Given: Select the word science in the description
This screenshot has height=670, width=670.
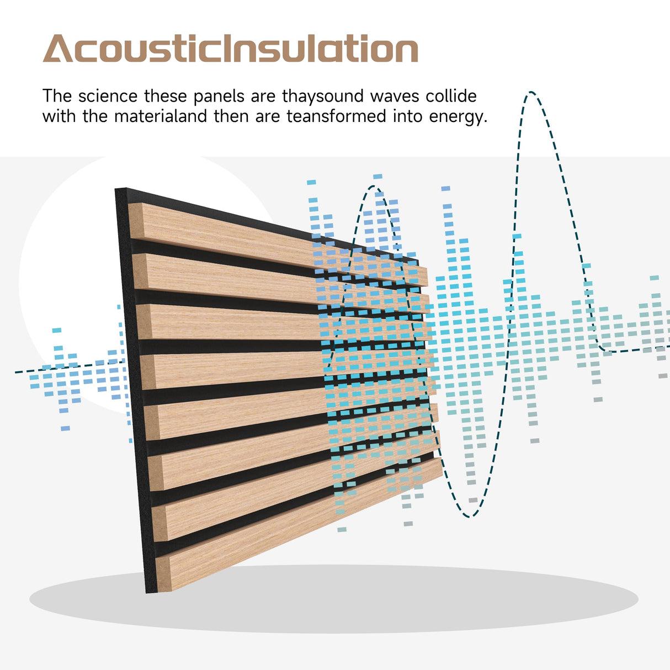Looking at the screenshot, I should pyautogui.click(x=108, y=96).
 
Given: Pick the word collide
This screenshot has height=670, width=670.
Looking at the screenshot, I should pyautogui.click(x=451, y=96).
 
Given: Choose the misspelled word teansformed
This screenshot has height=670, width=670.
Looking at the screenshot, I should pyautogui.click(x=336, y=116).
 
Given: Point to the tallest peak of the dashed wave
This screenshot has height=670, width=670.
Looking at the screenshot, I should pyautogui.click(x=531, y=93).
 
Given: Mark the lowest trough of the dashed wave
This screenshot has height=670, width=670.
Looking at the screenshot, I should pyautogui.click(x=470, y=517).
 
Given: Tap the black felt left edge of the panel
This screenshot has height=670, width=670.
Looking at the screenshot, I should pyautogui.click(x=133, y=386).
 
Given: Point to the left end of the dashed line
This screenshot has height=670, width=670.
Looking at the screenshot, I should pyautogui.click(x=17, y=373).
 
